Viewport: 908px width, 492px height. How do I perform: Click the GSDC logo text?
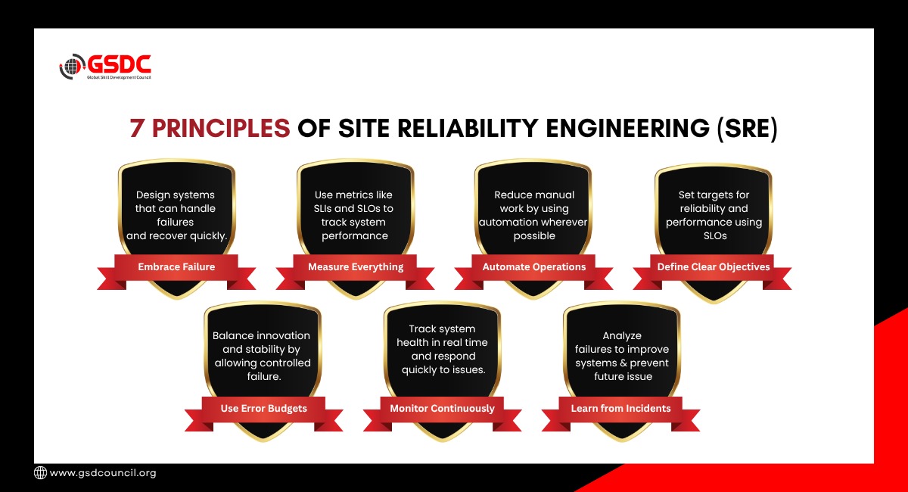[x=120, y=64]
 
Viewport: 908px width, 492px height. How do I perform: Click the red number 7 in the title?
[x=137, y=129]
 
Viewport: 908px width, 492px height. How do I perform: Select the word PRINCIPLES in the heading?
[x=221, y=129]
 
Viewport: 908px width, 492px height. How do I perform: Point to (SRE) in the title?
[x=747, y=129]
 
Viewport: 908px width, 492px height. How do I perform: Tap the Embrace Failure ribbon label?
[x=176, y=267]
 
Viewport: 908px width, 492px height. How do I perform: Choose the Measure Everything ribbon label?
[x=356, y=267]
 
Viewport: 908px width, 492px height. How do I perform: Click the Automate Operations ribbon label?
[x=534, y=267]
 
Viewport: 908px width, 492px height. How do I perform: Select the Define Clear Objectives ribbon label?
[x=714, y=267]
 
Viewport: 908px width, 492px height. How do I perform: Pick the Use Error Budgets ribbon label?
[x=263, y=409]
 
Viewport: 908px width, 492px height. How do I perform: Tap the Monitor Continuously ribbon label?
[x=442, y=409]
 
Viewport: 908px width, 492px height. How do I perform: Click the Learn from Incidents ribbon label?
[x=620, y=409]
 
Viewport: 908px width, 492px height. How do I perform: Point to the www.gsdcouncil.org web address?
[x=103, y=473]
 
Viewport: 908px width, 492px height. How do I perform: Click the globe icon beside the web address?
[x=40, y=472]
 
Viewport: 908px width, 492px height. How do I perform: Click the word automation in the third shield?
[x=510, y=223]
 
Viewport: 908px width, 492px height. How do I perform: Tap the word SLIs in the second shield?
[x=322, y=208]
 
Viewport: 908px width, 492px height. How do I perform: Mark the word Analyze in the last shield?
[x=622, y=336]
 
